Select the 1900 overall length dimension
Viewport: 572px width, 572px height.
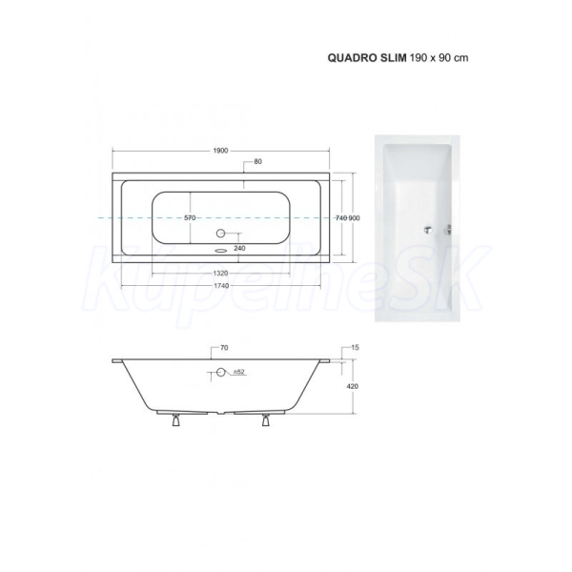point(220,151)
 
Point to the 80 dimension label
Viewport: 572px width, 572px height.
point(258,161)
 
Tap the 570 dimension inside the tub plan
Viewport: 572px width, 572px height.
point(190,218)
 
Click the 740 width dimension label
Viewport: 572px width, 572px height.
point(341,218)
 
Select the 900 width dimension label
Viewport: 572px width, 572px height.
point(354,218)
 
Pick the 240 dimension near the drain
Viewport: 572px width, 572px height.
point(239,249)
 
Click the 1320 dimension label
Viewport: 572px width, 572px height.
point(220,274)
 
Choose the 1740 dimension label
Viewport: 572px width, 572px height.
point(220,286)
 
